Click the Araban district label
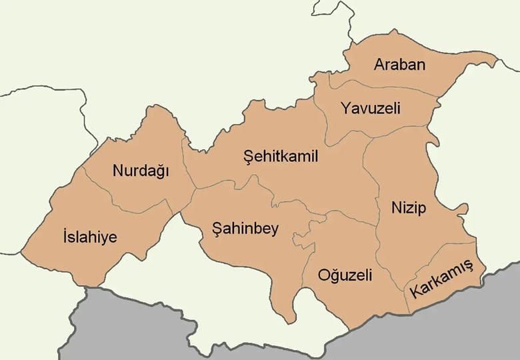pyautogui.click(x=399, y=65)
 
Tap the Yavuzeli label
pyautogui.click(x=370, y=107)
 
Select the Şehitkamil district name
pyautogui.click(x=281, y=157)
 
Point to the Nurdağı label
pyautogui.click(x=141, y=171)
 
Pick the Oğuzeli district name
pyautogui.click(x=345, y=275)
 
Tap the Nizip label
pyautogui.click(x=409, y=208)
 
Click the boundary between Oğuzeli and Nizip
pyautogui.click(x=377, y=240)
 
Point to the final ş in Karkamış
pyautogui.click(x=469, y=267)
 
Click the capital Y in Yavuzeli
pyautogui.click(x=345, y=107)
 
